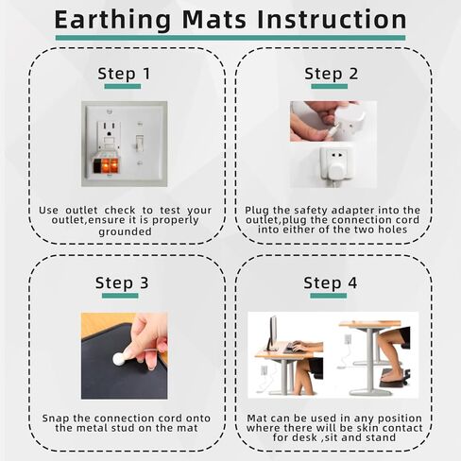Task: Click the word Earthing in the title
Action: (112, 20)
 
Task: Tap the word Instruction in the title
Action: (332, 20)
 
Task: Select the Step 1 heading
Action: (124, 74)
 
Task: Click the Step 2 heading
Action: (332, 74)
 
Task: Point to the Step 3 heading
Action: (122, 282)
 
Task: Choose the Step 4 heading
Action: (331, 282)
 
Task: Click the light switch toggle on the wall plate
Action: (140, 143)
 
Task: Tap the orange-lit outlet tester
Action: (106, 164)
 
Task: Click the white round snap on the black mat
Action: (119, 359)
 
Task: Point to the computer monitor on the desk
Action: (273, 333)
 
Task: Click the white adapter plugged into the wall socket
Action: (336, 171)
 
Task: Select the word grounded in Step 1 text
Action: (125, 232)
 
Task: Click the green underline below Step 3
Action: (120, 296)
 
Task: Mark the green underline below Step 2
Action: (330, 86)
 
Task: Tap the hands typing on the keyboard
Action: (299, 346)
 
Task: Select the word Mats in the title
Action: (214, 20)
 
